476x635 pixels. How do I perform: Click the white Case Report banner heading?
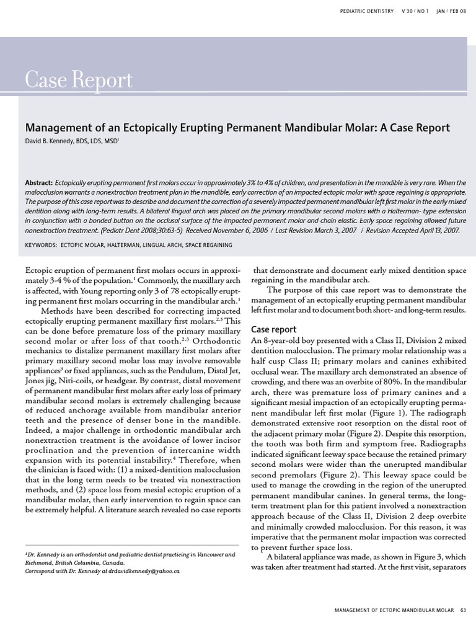pos(79,80)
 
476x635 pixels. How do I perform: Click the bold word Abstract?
pos(39,183)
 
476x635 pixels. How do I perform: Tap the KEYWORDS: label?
pos(40,245)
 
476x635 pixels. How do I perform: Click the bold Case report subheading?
pos(273,329)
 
